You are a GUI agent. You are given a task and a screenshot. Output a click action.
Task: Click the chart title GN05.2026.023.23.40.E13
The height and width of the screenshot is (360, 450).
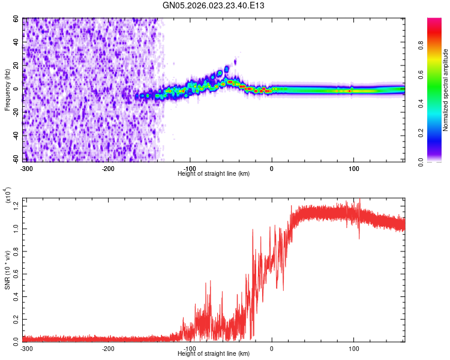coord(214,5)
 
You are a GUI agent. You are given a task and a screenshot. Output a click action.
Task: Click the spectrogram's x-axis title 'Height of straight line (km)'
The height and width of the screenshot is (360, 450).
coord(214,173)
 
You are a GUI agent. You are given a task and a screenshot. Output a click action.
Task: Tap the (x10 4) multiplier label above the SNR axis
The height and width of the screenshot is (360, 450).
coord(8,195)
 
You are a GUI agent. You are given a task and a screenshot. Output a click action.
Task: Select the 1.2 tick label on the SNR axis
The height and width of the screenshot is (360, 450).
coord(17,206)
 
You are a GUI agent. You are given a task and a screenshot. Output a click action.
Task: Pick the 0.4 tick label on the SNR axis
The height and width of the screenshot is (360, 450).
coord(17,295)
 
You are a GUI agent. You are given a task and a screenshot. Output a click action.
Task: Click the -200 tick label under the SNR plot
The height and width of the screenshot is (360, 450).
coord(108,348)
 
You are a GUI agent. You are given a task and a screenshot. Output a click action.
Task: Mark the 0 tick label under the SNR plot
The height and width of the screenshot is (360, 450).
coord(272,348)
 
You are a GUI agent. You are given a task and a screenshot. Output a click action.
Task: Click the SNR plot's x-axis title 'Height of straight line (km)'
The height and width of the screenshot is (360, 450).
coord(214,354)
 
